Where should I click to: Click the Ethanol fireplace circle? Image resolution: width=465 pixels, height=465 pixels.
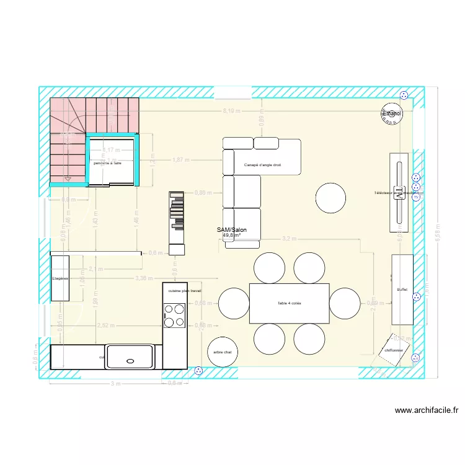pos(392,113)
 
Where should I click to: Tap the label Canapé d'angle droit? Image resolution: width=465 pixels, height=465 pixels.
pos(263,165)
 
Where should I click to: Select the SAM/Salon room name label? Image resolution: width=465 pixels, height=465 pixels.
pos(232,230)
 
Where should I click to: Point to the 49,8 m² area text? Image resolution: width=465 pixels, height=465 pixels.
pos(231,236)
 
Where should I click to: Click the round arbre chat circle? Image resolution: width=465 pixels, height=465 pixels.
pos(222,352)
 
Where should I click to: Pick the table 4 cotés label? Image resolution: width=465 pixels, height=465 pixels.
pos(289,303)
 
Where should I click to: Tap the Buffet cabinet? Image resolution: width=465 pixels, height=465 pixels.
pos(402,289)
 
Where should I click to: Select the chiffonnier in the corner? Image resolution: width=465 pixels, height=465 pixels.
pos(394,350)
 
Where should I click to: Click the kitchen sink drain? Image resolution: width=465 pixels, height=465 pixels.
pos(130,360)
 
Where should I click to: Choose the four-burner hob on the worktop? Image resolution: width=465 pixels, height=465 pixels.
pos(174,315)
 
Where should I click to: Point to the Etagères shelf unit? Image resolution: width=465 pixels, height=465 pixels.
pos(60,278)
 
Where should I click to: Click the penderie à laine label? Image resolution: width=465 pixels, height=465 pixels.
pos(108,163)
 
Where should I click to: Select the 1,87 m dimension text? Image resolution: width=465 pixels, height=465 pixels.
pos(181,160)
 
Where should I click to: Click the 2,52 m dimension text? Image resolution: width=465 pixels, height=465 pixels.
pos(106,325)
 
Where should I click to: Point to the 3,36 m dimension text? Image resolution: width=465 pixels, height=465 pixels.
pos(144,278)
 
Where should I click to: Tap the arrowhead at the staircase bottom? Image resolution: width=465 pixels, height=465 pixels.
pos(68,180)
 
